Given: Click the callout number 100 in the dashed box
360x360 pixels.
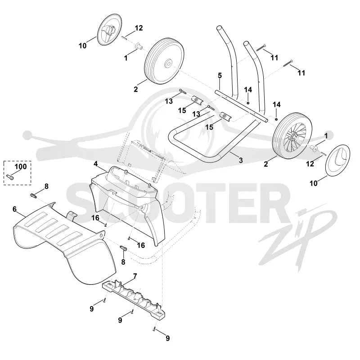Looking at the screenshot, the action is [x=21, y=166].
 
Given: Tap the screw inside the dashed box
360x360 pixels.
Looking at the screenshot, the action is [x=10, y=177].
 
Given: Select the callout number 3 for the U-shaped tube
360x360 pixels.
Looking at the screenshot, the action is [x=241, y=160].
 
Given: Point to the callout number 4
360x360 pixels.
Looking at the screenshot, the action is [x=95, y=164].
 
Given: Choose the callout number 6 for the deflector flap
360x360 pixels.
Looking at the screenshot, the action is [x=14, y=209].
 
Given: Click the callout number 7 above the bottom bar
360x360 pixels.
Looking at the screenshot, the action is [x=135, y=276].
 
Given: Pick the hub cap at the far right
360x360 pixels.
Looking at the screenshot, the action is [x=338, y=160].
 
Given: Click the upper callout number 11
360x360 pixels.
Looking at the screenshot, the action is [x=274, y=58].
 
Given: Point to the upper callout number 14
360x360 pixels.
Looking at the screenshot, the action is [x=248, y=90].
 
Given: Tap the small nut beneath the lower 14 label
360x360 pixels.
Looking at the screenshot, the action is [x=276, y=119].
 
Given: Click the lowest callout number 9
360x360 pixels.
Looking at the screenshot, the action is [x=167, y=338].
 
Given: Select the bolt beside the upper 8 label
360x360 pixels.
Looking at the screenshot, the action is [x=33, y=196].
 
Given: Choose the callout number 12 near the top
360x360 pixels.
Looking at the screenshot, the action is [x=139, y=28].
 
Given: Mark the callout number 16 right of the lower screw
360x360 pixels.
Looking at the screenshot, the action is [x=141, y=245].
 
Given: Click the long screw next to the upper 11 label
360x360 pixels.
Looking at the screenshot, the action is [x=261, y=48].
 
